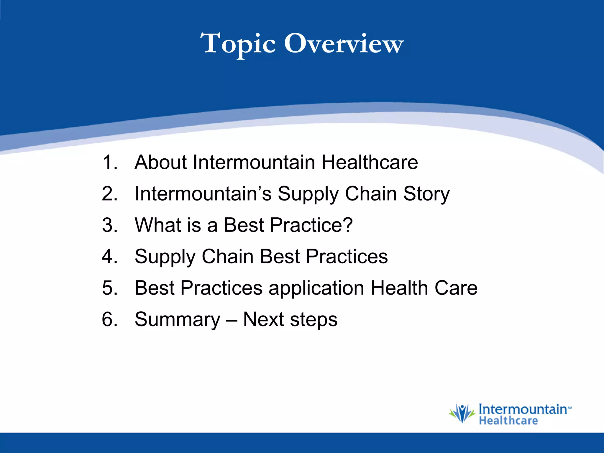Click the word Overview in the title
(344, 44)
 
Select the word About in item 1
(160, 162)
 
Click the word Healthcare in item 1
(370, 162)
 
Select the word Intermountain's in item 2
(203, 194)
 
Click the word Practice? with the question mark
(311, 225)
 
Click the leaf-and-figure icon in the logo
(462, 413)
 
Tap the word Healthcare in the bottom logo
(508, 421)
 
